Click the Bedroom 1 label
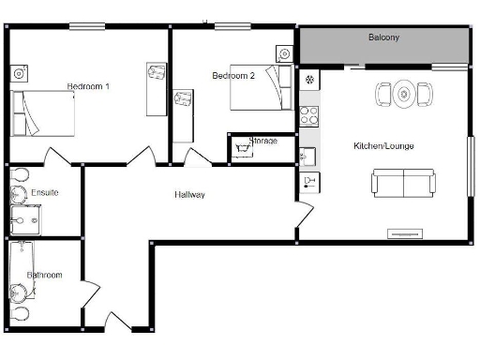88,86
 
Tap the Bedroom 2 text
232,76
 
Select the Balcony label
382,37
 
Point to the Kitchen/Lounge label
383,146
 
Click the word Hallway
189,195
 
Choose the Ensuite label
44,192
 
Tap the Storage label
262,141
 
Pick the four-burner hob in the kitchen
307,117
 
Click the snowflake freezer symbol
307,79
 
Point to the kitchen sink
307,154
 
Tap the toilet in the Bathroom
20,313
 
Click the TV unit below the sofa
404,232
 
